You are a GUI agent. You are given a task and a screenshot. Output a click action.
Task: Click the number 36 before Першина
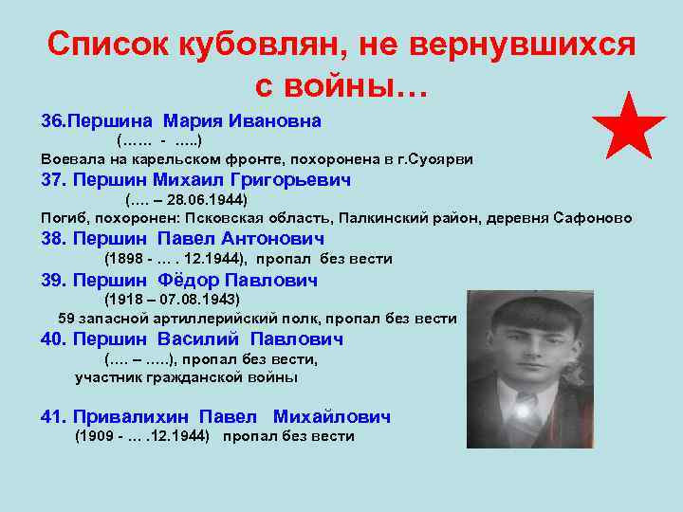coord(49,121)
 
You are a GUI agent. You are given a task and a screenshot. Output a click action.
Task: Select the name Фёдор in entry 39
coord(190,281)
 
